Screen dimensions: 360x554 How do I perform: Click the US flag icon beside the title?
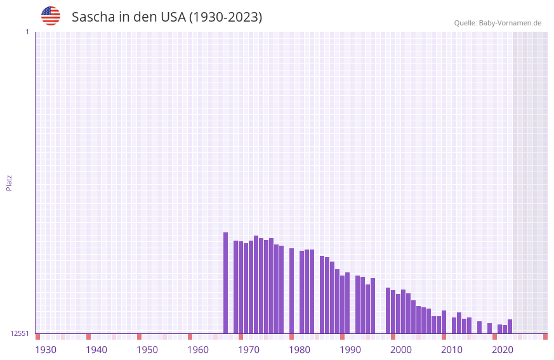click(x=51, y=16)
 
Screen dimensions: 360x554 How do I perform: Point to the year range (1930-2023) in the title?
click(x=226, y=17)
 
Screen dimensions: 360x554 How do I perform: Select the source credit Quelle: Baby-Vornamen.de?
click(x=498, y=23)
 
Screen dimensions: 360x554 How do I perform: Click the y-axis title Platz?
click(x=9, y=182)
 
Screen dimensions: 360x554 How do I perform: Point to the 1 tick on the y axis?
click(x=27, y=32)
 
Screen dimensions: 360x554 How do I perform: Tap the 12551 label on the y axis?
click(x=20, y=333)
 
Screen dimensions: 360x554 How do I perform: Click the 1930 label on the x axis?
click(x=46, y=350)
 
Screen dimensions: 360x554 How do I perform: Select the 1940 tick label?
click(x=96, y=350)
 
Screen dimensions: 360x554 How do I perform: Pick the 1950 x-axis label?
click(x=147, y=350)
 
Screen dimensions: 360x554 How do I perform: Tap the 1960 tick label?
click(x=198, y=350)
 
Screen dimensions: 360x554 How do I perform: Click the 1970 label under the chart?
click(x=249, y=350)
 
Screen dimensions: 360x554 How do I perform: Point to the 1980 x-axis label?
click(x=300, y=350)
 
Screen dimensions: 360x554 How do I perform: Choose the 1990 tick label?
click(x=350, y=350)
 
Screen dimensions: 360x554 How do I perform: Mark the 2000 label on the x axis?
click(x=401, y=350)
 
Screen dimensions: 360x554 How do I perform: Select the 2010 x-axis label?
click(x=452, y=350)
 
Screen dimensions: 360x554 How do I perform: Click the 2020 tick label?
click(x=503, y=350)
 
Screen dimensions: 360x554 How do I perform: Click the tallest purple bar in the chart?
click(x=225, y=283)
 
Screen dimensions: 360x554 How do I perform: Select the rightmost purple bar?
click(x=510, y=326)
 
